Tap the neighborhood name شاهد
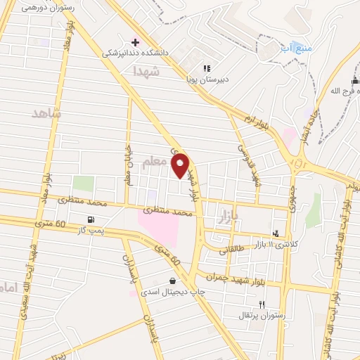47,112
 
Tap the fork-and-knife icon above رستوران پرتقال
262,304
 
